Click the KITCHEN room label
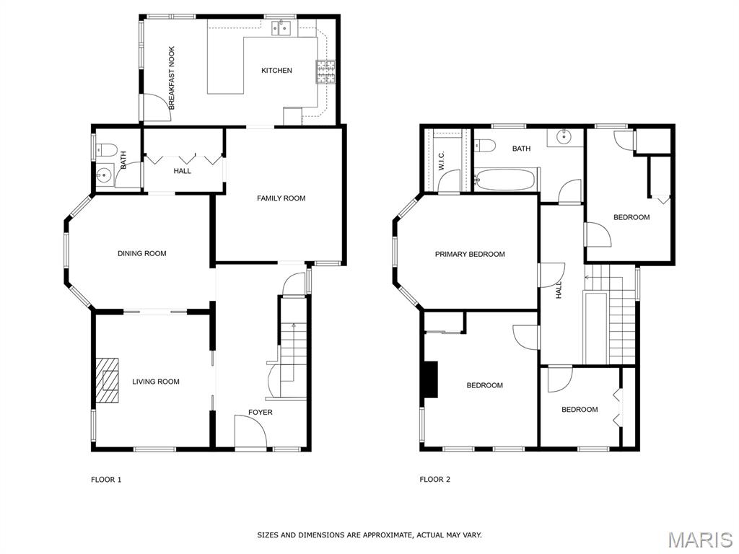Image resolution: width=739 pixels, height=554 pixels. click(x=276, y=71)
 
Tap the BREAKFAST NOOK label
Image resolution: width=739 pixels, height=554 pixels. click(x=172, y=78)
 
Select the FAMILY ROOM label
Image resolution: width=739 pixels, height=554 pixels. click(x=281, y=198)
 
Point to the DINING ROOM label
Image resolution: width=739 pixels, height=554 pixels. click(x=142, y=253)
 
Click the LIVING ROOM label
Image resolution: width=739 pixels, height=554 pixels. click(x=156, y=382)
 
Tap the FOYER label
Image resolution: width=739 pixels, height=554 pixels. click(x=260, y=412)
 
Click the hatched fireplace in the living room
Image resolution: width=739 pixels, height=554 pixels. click(x=108, y=380)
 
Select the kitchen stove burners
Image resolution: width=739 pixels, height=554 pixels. click(x=325, y=71)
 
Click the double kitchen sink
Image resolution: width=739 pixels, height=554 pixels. click(x=282, y=28)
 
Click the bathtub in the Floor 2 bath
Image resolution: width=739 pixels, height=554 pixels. click(x=504, y=180)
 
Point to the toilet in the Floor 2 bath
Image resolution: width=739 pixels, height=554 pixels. click(x=484, y=145)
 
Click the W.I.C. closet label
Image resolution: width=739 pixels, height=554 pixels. click(x=442, y=161)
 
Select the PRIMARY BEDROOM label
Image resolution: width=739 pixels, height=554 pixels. click(x=470, y=255)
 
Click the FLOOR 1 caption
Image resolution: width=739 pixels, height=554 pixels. click(x=106, y=480)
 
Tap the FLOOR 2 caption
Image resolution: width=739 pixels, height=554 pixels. click(x=435, y=480)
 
